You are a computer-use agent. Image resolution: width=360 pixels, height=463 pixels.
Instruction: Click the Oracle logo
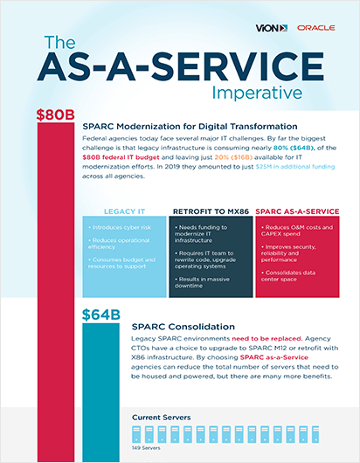coord(315,28)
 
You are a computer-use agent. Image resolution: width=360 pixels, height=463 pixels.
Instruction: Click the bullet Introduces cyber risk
coord(118,227)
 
